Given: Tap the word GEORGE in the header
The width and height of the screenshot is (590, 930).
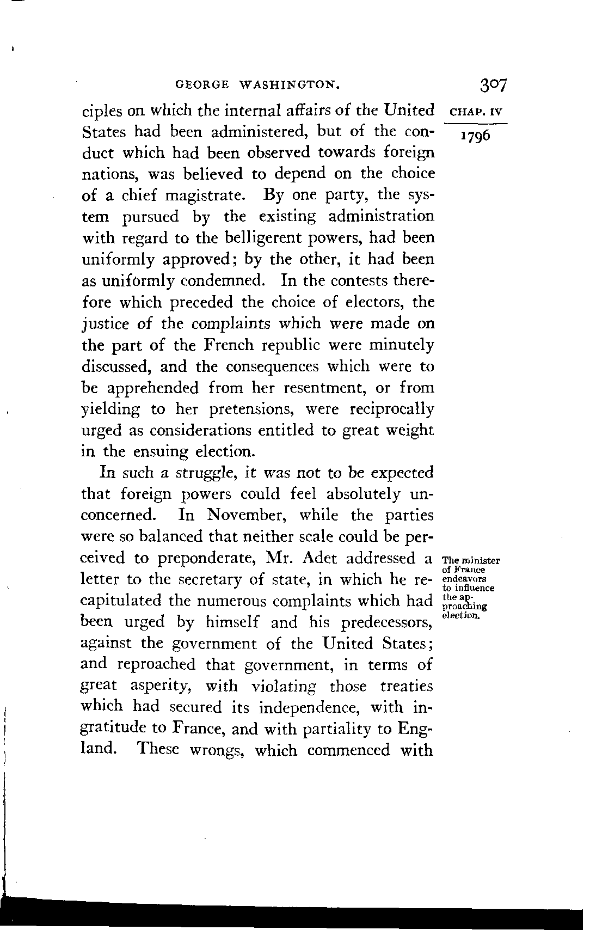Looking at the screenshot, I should pyautogui.click(x=199, y=84).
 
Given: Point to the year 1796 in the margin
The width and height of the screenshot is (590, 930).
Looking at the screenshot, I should pyautogui.click(x=475, y=135).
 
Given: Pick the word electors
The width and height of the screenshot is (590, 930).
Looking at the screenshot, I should pyautogui.click(x=371, y=302).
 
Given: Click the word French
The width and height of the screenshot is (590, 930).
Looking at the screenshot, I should pyautogui.click(x=231, y=345).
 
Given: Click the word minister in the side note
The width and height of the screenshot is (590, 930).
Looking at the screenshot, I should pyautogui.click(x=481, y=560).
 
